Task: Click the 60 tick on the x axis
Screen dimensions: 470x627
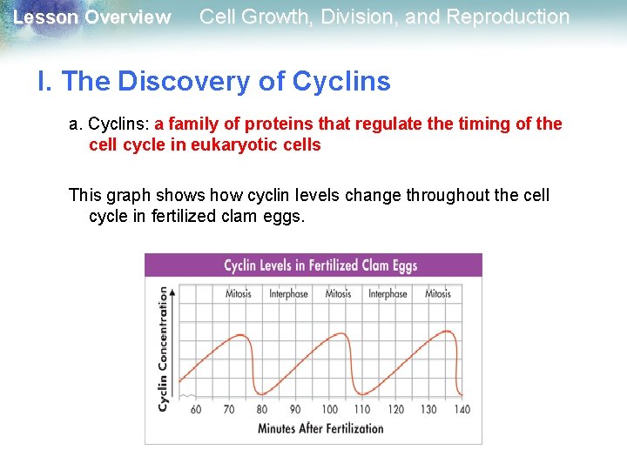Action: click(195, 409)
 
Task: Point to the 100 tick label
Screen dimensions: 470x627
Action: click(329, 409)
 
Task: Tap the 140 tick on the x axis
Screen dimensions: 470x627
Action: click(462, 409)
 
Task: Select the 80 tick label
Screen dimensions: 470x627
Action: click(262, 409)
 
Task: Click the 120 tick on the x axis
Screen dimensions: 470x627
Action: click(395, 409)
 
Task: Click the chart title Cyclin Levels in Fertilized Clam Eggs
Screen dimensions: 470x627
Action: click(320, 265)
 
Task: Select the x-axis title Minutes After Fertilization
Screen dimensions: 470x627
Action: click(320, 428)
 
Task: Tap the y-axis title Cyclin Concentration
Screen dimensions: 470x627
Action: click(163, 349)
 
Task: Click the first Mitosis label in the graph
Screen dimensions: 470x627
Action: click(238, 294)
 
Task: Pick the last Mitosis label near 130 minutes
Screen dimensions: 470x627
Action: click(438, 294)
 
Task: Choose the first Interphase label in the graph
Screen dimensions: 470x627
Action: click(288, 294)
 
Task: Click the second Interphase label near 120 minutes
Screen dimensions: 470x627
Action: click(388, 294)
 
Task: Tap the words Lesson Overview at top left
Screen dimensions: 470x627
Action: click(92, 17)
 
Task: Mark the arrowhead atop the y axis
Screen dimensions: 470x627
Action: click(173, 292)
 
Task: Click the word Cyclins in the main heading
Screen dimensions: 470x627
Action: click(341, 82)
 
